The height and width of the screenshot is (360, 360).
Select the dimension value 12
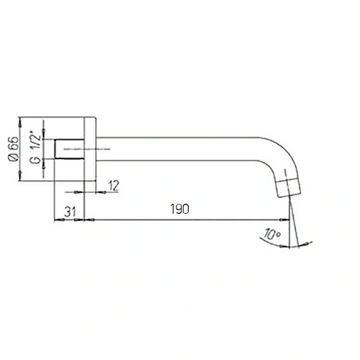pyautogui.click(x=113, y=186)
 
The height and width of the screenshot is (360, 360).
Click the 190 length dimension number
pyautogui.click(x=180, y=210)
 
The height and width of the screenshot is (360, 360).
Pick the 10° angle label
pyautogui.click(x=271, y=233)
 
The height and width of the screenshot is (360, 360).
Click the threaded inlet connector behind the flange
pyautogui.click(x=71, y=148)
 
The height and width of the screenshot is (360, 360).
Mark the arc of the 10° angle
pyautogui.click(x=284, y=243)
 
